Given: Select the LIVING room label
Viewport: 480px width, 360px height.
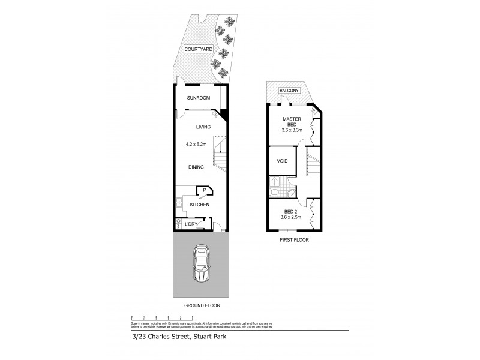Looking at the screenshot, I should [205, 127].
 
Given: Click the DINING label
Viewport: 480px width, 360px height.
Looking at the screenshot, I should [196, 167].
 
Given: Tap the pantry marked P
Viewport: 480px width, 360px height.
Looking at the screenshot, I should [205, 190].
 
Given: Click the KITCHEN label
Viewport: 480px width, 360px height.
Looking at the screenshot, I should [199, 205].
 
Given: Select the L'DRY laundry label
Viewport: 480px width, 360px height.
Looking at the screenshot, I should [191, 224].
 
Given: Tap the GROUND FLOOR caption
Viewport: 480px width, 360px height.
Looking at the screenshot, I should [201, 305].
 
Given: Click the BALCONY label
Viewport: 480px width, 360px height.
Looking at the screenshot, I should [289, 91].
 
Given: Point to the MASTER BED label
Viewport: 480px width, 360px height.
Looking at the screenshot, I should [292, 122].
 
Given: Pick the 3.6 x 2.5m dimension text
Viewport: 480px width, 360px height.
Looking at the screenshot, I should [291, 217].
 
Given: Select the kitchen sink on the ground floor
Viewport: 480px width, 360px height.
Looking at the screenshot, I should [178, 202].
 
